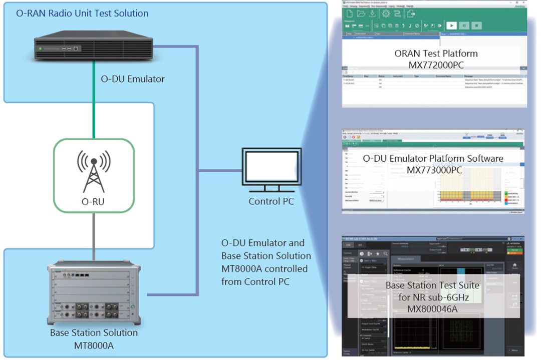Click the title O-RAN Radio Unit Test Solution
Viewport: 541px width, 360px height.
tap(82, 14)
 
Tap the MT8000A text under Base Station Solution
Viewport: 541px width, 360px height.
tap(94, 344)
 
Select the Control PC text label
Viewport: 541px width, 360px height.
tap(272, 202)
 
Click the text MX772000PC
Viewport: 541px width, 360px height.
tap(436, 65)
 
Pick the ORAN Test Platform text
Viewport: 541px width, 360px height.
tap(436, 53)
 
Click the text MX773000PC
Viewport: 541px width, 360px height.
tap(434, 170)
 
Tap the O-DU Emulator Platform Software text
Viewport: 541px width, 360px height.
tap(434, 159)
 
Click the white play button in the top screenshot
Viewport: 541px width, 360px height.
tap(451, 25)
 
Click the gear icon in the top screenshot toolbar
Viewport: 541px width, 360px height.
tap(386, 14)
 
